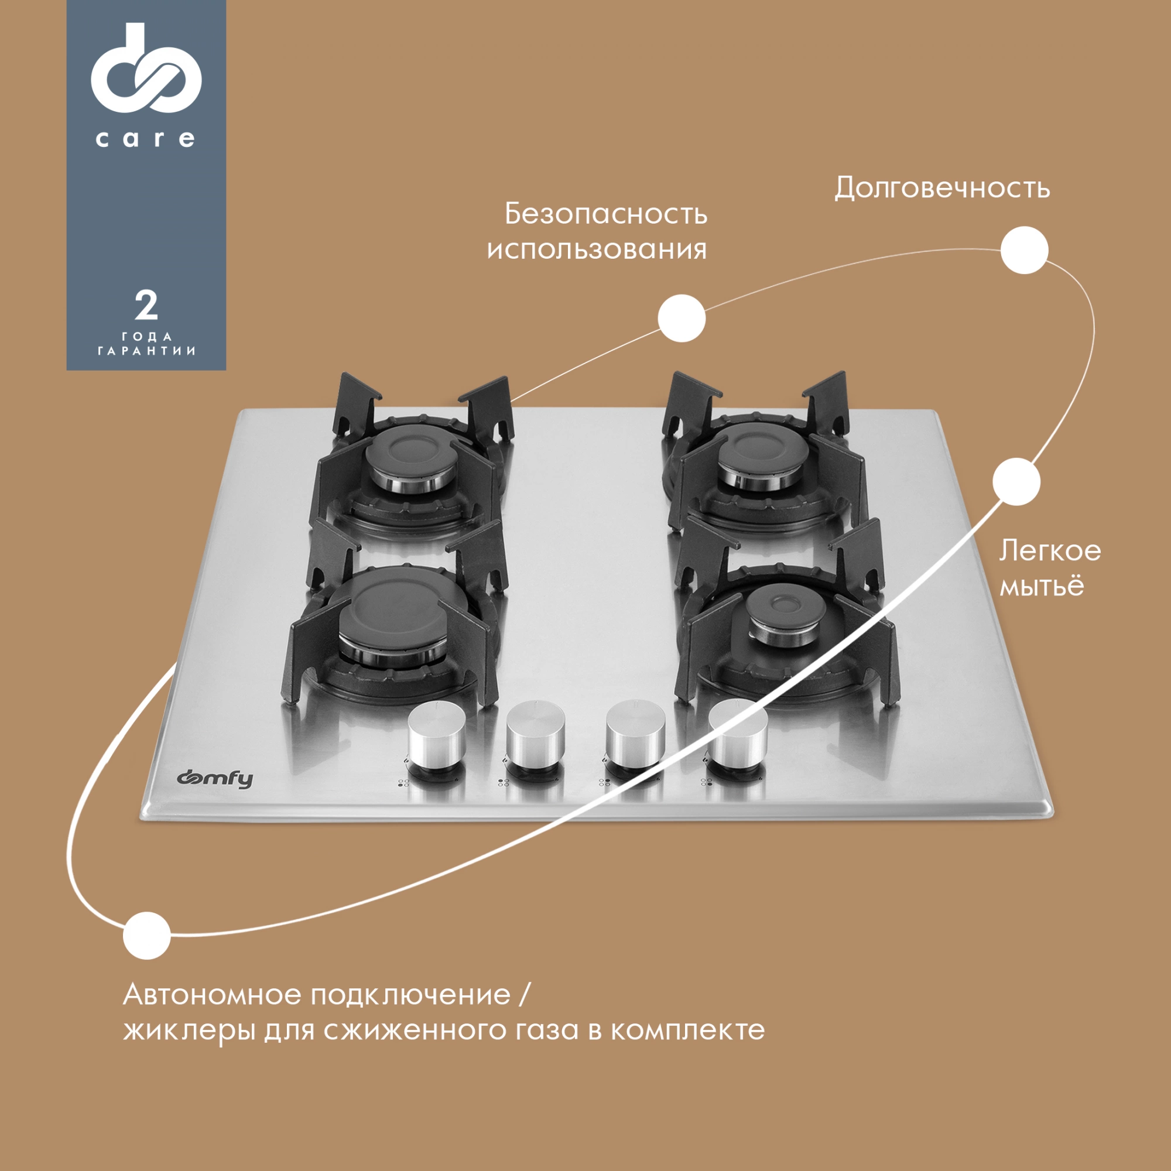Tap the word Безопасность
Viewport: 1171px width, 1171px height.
[605, 214]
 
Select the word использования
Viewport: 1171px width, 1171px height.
[597, 250]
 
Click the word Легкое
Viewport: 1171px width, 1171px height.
[1050, 551]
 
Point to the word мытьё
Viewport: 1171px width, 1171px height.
[1041, 586]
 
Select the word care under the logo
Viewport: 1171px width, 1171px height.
[145, 139]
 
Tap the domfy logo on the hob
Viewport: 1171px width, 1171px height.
[215, 779]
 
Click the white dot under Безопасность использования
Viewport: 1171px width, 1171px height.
[682, 318]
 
